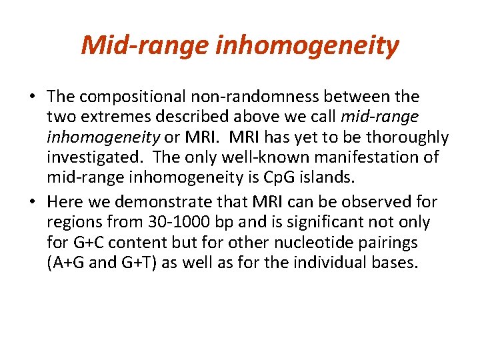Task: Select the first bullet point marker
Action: (x=32, y=97)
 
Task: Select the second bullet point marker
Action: (x=32, y=201)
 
